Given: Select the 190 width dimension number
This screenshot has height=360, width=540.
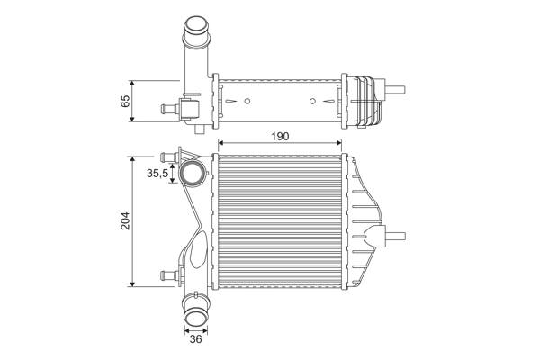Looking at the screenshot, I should [x=280, y=136].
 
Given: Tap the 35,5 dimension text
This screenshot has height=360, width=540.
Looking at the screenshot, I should [x=158, y=173].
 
